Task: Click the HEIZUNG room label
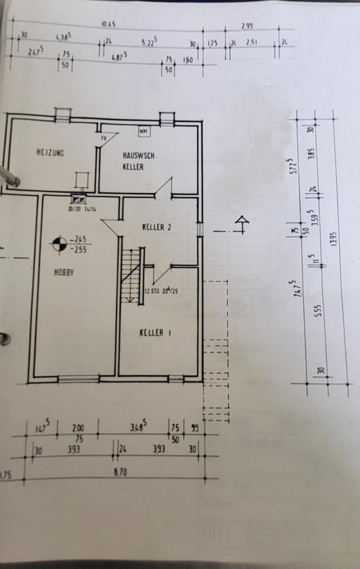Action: pos(50,153)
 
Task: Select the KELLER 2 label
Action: pos(157,227)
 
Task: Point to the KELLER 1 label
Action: pos(155,333)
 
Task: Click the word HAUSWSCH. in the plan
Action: pos(138,155)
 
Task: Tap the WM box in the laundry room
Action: pos(144,130)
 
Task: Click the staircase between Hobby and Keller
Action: pos(132,276)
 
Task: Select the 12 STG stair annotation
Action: pos(161,291)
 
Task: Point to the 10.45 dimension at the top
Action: pos(108,24)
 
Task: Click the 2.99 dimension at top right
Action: pos(247,26)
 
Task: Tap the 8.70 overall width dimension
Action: pos(125,472)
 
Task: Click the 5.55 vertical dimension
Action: pos(317,312)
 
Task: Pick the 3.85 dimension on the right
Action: pos(311,156)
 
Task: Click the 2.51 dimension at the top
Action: pos(252,43)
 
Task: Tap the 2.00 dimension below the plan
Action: pos(78,427)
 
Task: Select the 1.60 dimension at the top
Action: pos(187,60)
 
